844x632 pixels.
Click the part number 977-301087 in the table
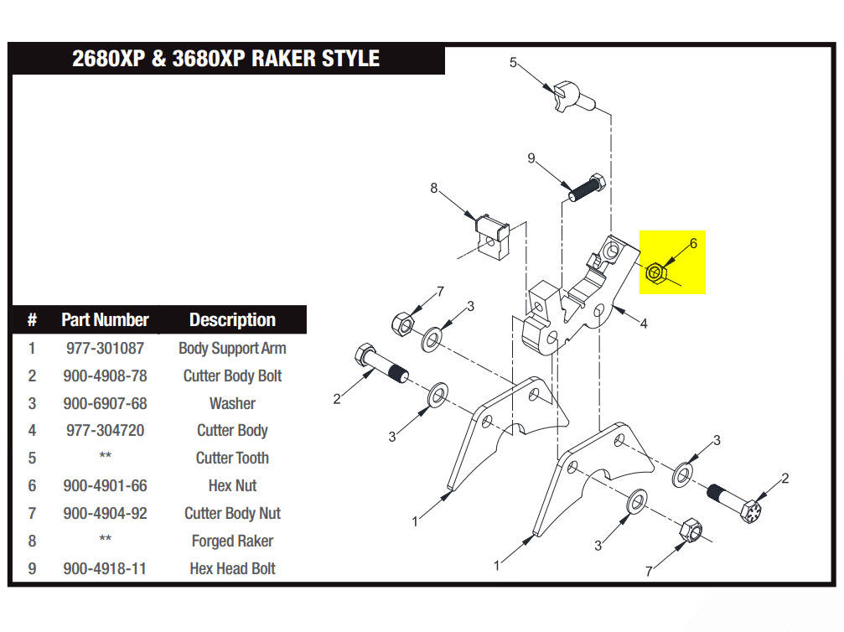105,348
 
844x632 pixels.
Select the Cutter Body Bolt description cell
232,376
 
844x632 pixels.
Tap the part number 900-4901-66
105,485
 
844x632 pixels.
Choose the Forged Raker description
232,541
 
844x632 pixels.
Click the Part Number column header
105,319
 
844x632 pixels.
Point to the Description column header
232,319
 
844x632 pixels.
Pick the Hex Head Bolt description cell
232,568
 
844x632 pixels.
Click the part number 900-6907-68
105,403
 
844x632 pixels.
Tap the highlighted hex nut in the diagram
655,272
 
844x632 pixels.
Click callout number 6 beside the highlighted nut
693,244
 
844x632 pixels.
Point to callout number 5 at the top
514,62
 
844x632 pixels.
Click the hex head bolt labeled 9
586,188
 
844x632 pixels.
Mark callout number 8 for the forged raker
434,189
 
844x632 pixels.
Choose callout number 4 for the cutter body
644,324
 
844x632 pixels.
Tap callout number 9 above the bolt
531,158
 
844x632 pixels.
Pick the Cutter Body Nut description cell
232,513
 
